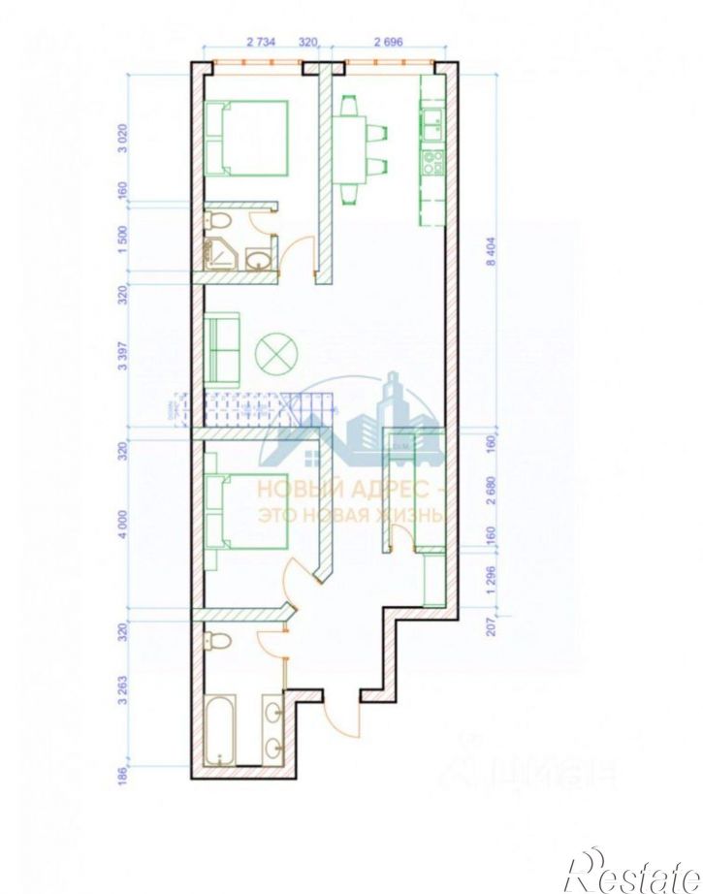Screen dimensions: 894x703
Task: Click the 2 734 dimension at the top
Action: coord(263,43)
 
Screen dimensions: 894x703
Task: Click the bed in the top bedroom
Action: coord(247,138)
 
